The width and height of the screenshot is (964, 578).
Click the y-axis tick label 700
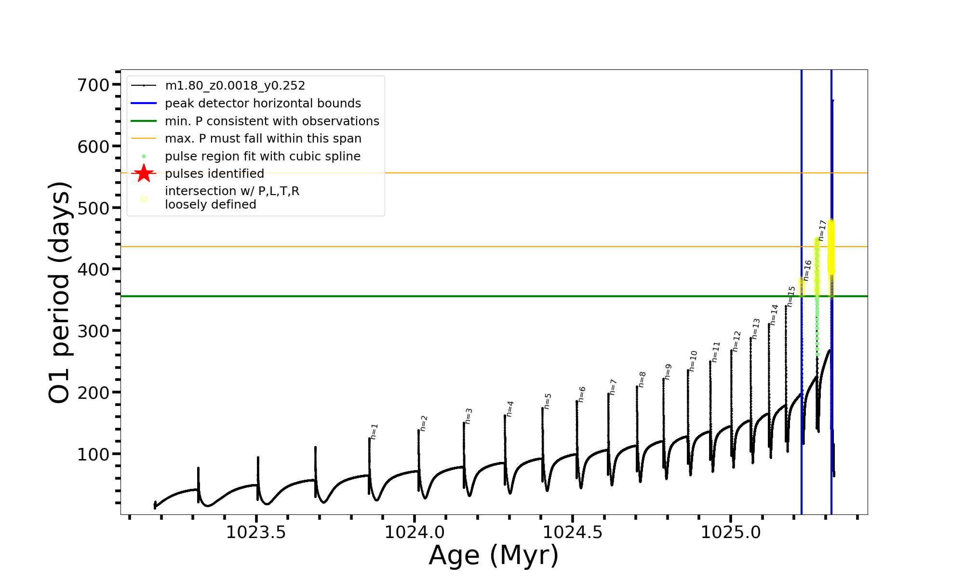94,85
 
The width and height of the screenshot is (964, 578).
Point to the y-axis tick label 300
94,331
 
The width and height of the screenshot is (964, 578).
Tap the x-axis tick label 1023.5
256,532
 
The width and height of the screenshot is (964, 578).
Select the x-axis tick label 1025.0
731,532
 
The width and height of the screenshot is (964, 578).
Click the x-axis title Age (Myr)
494,555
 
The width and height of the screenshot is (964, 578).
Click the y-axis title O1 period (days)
60,292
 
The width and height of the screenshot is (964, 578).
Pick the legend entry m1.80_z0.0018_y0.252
235,86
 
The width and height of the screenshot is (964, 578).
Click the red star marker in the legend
144,173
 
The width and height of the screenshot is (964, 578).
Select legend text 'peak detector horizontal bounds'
263,104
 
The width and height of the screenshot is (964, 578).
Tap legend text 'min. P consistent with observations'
272,121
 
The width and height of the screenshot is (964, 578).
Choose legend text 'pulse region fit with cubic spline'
262,157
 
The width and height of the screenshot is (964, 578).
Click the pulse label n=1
375,432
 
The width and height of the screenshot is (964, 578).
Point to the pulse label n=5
548,401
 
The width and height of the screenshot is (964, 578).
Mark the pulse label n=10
693,361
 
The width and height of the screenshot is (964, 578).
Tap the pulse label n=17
822,230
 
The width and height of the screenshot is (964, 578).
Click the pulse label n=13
756,328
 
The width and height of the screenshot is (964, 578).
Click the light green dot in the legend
144,157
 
